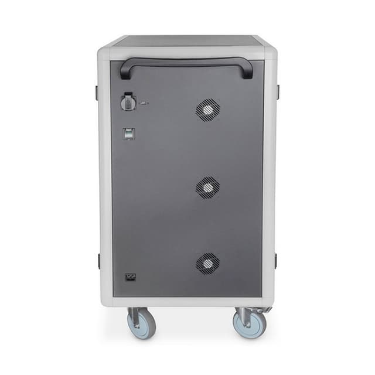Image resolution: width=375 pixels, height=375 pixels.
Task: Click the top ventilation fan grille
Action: (x=207, y=110)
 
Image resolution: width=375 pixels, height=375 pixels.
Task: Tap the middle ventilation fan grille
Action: (x=207, y=187)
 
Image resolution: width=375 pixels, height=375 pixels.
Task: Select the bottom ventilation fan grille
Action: (x=207, y=264)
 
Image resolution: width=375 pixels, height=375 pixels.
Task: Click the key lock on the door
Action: (x=128, y=103)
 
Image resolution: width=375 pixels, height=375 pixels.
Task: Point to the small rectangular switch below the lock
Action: (x=128, y=134)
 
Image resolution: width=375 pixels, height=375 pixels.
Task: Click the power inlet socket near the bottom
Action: (x=129, y=278)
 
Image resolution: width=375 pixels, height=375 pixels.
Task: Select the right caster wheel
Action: (x=250, y=324)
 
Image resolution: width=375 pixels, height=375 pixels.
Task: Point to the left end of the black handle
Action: (x=125, y=69)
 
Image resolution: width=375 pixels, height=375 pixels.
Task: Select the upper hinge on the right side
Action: (x=277, y=91)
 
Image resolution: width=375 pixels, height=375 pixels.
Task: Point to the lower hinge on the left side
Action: (x=98, y=261)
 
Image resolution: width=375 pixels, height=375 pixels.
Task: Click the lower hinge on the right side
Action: (x=275, y=260)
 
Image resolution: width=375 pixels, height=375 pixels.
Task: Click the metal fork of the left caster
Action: (x=135, y=316)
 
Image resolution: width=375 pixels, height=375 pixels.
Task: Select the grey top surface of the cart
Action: (x=186, y=40)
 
